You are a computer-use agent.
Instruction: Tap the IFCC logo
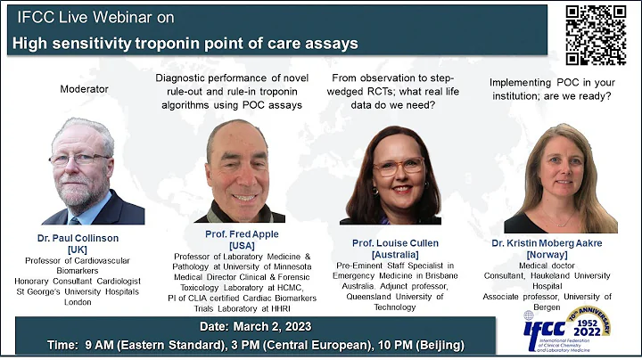(568, 327)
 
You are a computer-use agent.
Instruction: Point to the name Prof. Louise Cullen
(389, 243)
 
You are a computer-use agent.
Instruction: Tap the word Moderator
(85, 88)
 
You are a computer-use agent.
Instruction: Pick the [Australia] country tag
(389, 255)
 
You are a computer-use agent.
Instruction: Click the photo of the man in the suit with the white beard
(93, 171)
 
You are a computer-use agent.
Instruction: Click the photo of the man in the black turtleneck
(239, 171)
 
